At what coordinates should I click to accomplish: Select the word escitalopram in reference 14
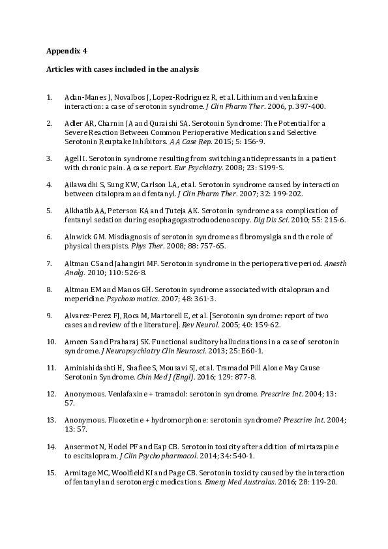coord(87,456)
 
